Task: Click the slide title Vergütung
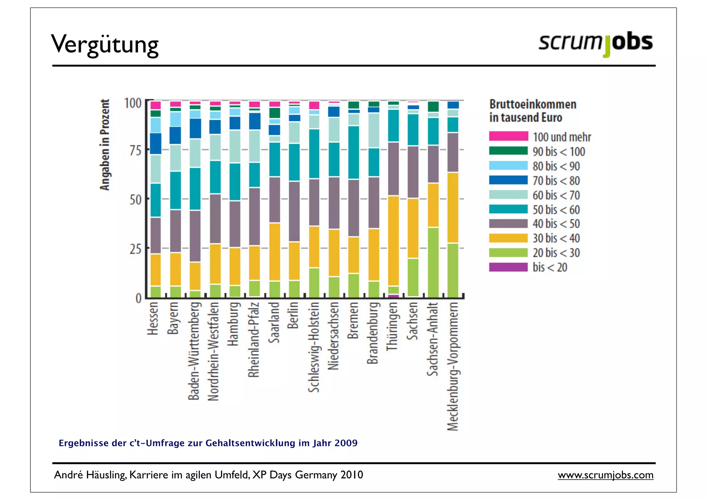point(105,44)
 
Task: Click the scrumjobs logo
point(595,43)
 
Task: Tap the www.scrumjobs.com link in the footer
point(606,475)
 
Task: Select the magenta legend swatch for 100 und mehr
point(508,136)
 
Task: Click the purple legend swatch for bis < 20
point(508,267)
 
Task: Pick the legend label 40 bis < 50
point(556,224)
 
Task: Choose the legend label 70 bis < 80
point(556,181)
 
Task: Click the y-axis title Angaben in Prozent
point(105,145)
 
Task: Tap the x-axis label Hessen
point(153,318)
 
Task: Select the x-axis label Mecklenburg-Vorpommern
point(453,366)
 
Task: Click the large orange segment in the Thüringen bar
point(393,241)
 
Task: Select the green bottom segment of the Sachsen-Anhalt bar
point(433,263)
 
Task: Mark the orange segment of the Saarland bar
point(274,252)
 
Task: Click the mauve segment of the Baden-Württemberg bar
point(195,236)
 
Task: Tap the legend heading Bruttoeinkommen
point(533,104)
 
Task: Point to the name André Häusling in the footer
point(90,475)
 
